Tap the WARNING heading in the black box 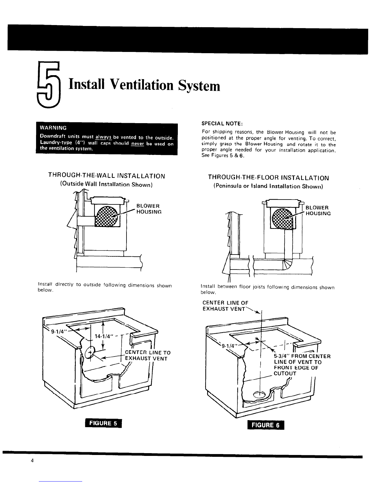pos(53,128)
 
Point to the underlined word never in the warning pos(137,144)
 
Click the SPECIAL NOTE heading pos(222,123)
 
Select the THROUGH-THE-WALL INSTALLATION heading pos(107,176)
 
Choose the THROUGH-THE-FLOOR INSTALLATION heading pos(268,178)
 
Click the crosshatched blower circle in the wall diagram pos(106,217)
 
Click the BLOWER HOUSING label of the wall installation pos(149,209)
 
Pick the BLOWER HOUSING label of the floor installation pos(318,211)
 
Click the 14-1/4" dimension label pos(103,336)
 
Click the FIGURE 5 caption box pos(103,423)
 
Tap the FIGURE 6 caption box pos(266,425)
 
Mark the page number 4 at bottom pos(32,460)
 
